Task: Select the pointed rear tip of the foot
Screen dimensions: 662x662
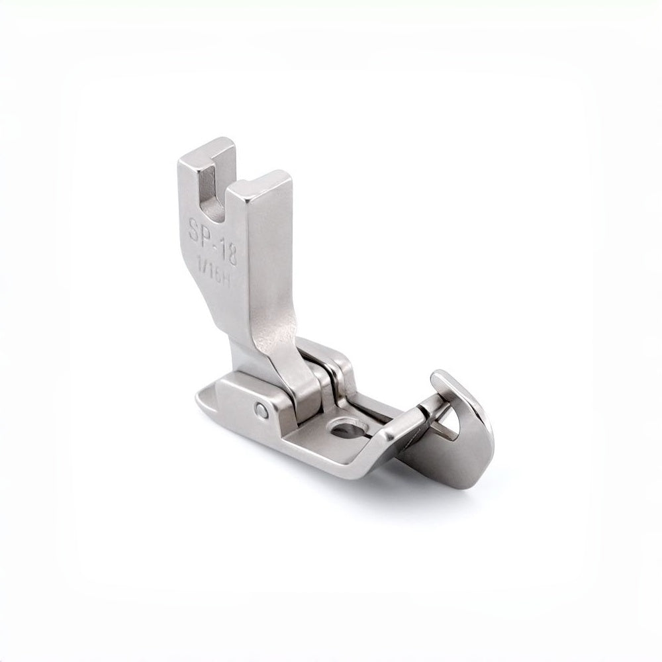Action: [202, 401]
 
